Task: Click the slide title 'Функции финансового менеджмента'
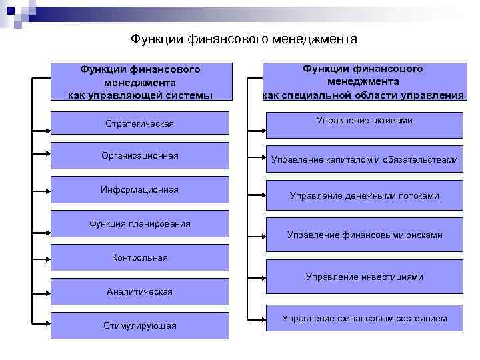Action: pyautogui.click(x=244, y=39)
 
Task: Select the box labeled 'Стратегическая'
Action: pyautogui.click(x=139, y=124)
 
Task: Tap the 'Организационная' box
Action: pyautogui.click(x=139, y=156)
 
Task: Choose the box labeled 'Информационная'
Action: pyautogui.click(x=139, y=190)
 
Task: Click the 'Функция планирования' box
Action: pyautogui.click(x=139, y=224)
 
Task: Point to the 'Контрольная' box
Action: pyautogui.click(x=139, y=257)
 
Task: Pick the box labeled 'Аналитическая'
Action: pyautogui.click(x=139, y=291)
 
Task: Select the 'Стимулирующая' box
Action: pyautogui.click(x=139, y=325)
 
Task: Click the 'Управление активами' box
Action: pyautogui.click(x=364, y=125)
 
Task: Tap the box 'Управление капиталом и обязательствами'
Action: pyautogui.click(x=364, y=159)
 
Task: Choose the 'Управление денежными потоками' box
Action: pyautogui.click(x=364, y=196)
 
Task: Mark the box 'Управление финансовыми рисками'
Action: pyautogui.click(x=364, y=235)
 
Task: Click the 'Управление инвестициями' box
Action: pyautogui.click(x=364, y=277)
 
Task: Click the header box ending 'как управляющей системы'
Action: pyautogui.click(x=140, y=82)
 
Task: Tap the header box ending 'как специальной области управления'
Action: pyautogui.click(x=364, y=81)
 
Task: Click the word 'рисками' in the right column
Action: pyautogui.click(x=424, y=235)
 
